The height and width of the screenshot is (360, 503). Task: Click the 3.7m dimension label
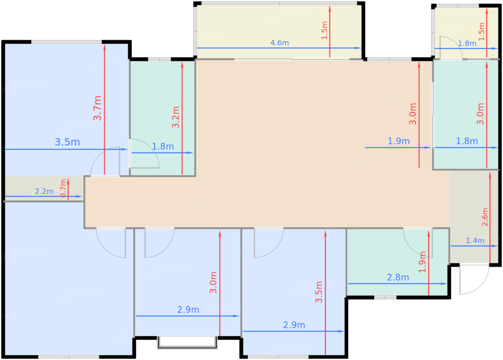coord(98,108)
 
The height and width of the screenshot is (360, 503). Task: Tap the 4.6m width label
coord(280,43)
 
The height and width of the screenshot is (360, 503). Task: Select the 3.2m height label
coord(176,117)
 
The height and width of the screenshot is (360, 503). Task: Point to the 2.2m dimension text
coord(44,191)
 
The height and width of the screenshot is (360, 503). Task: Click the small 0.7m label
coord(63,188)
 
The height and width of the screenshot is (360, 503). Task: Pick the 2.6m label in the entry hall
coord(485,217)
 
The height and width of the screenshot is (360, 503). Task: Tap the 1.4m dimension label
coord(475,240)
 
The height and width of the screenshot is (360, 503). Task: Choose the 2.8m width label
coord(398,277)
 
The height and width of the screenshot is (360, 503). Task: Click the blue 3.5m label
coord(68,142)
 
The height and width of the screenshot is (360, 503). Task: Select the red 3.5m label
coord(319,292)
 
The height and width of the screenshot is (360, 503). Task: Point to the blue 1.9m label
coord(399,141)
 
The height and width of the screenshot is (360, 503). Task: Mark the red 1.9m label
coord(423,262)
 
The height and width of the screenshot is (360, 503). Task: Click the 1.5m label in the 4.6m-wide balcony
coord(324,30)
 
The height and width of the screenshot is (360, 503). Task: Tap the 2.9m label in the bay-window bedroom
coord(188,310)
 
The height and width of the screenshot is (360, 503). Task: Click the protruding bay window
coord(187,343)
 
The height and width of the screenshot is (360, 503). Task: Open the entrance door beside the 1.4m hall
coord(474,280)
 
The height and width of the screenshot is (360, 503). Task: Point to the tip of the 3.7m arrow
coord(105,45)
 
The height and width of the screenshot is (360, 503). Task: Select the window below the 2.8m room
coord(385,297)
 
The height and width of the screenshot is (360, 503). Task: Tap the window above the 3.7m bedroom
coord(66,42)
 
